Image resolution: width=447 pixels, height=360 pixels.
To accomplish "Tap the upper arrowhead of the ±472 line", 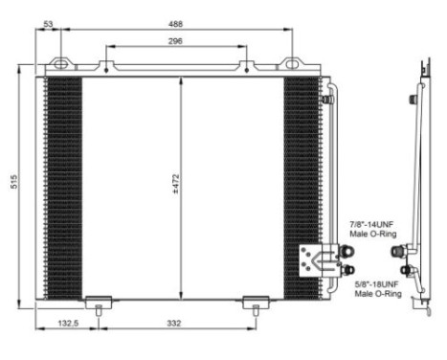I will pos(182,80).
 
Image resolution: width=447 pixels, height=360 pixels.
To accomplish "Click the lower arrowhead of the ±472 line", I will pos(182,293).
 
